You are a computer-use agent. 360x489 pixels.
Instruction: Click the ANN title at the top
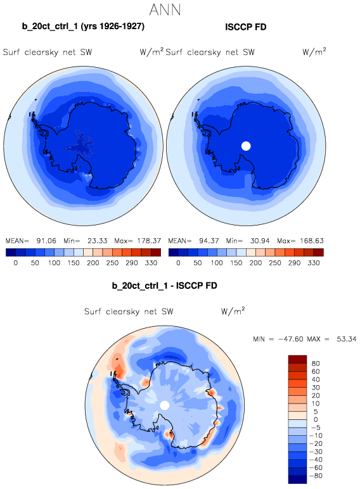[x=165, y=10]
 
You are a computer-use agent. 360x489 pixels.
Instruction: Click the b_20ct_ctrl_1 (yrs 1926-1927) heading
[x=83, y=26]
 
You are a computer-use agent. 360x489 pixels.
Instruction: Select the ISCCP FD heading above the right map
[x=246, y=27]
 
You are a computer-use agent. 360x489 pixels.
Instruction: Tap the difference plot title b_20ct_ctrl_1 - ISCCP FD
[x=164, y=286]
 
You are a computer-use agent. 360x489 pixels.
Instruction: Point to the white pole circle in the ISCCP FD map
[x=246, y=146]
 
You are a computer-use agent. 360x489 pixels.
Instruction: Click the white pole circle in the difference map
[x=165, y=405]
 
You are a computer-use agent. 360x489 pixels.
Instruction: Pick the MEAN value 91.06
[x=46, y=241]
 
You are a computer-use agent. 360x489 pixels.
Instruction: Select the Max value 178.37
[x=149, y=241]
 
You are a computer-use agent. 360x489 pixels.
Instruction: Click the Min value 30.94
[x=260, y=241]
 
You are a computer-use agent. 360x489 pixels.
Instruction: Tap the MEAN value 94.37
[x=209, y=241]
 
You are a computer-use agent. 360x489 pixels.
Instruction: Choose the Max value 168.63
[x=312, y=241]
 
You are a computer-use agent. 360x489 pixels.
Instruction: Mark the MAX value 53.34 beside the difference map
[x=347, y=339]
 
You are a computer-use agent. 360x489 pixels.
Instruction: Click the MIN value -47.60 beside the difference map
[x=291, y=339]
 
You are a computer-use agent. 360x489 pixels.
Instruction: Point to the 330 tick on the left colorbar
[x=151, y=263]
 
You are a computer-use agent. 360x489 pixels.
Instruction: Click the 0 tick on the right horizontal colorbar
[x=178, y=263]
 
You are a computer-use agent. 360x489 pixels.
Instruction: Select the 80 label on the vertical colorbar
[x=316, y=364]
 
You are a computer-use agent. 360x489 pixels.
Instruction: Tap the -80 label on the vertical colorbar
[x=316, y=476]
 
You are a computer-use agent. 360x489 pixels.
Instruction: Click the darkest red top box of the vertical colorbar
[x=298, y=359]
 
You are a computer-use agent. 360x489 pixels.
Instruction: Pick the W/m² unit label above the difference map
[x=233, y=311]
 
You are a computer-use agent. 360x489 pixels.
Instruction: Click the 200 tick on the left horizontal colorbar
[x=93, y=263]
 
